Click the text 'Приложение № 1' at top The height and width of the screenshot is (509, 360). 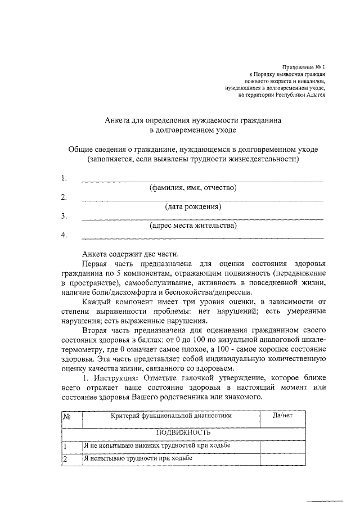point(304,67)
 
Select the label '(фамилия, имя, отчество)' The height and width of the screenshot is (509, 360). point(192,187)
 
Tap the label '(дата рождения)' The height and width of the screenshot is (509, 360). point(192,206)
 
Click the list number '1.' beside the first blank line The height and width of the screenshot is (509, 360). point(64,178)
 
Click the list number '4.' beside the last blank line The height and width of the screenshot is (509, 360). point(64,235)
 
